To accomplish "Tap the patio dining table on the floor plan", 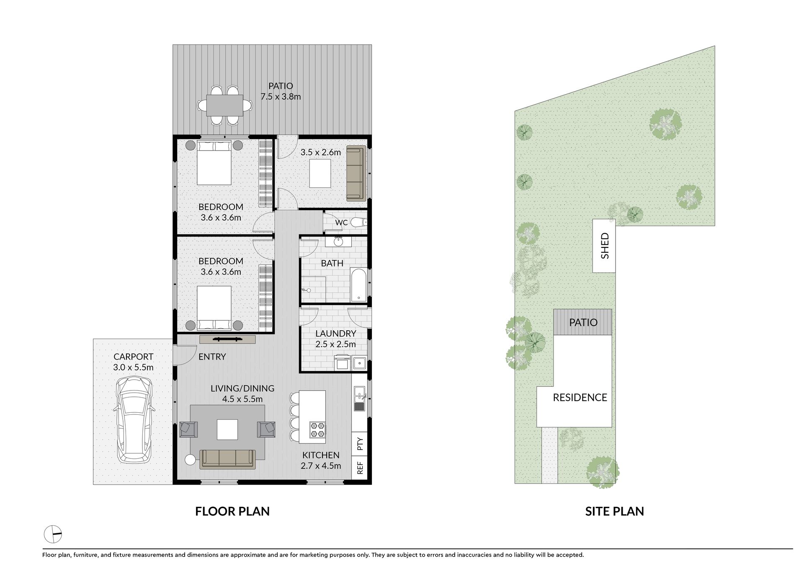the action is (x=225, y=105).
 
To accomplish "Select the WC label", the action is (x=341, y=223).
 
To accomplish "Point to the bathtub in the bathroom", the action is (x=359, y=285).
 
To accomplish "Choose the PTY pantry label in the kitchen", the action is (x=360, y=444).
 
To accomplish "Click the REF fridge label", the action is (x=360, y=468).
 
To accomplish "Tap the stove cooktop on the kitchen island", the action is (x=317, y=430).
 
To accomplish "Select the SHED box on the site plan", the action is (x=604, y=246).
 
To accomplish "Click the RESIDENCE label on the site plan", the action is (x=580, y=397).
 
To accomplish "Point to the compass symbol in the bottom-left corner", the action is (x=53, y=534).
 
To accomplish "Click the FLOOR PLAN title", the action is (x=232, y=511).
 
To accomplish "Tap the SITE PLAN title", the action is (x=614, y=511).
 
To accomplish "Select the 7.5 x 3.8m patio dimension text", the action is (x=281, y=97).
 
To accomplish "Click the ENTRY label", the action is (x=212, y=357).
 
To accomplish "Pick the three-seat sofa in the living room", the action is (x=228, y=459).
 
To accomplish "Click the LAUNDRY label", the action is (x=335, y=334).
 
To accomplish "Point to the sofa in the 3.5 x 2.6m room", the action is (x=356, y=173).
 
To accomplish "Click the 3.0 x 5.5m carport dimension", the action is (x=133, y=368).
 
